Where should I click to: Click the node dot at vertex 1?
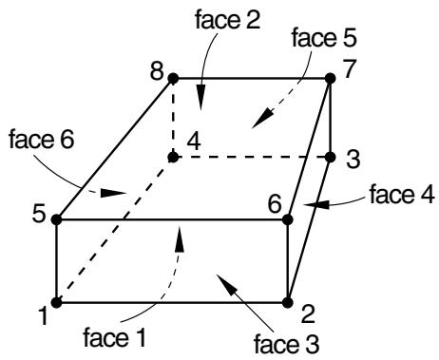click(x=57, y=303)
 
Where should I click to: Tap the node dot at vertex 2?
click(x=288, y=303)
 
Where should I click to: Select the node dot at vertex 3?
click(x=331, y=157)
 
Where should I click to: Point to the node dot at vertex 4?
click(x=173, y=157)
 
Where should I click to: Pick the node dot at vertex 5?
click(x=57, y=219)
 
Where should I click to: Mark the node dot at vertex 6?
click(x=288, y=219)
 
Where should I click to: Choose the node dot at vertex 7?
click(x=331, y=78)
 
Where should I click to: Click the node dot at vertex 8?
click(x=173, y=78)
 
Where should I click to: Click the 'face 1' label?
click(x=115, y=337)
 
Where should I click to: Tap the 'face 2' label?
click(x=228, y=19)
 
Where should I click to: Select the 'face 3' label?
click(x=287, y=344)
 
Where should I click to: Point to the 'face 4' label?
click(x=402, y=195)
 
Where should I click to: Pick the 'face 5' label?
click(x=324, y=38)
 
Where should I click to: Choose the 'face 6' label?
click(x=42, y=139)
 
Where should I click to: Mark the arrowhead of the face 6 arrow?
click(x=113, y=193)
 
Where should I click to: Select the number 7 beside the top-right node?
click(x=351, y=68)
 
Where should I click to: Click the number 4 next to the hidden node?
click(x=194, y=142)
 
